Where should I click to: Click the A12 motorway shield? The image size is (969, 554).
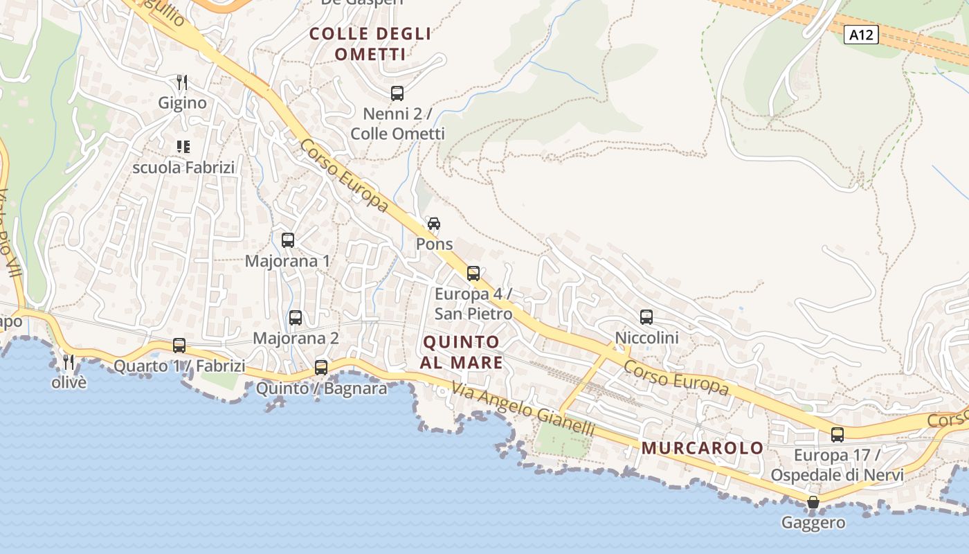[861, 35]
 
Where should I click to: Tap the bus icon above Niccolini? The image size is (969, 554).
[646, 317]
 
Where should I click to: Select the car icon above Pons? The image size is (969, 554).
[434, 224]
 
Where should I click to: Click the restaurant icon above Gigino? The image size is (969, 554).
[182, 82]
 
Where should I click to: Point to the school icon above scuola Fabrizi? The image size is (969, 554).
[183, 146]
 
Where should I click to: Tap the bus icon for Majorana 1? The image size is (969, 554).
[288, 240]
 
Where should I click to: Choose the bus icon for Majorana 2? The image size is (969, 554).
[296, 318]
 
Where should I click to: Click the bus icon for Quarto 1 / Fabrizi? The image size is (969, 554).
[179, 345]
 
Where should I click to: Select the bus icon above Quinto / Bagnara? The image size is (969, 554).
[321, 367]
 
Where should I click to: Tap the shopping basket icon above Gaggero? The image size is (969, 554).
[813, 502]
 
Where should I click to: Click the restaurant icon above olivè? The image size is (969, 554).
[69, 361]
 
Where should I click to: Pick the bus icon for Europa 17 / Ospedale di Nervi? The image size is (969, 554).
[837, 435]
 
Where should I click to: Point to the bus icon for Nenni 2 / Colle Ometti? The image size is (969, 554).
[397, 93]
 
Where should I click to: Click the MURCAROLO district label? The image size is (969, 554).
[702, 448]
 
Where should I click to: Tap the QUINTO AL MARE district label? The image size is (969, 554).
[461, 352]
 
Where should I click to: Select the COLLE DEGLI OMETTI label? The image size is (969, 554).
[370, 44]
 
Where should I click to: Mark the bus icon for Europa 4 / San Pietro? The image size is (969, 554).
[473, 274]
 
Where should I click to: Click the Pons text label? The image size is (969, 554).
[434, 244]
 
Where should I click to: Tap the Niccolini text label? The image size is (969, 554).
[646, 338]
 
